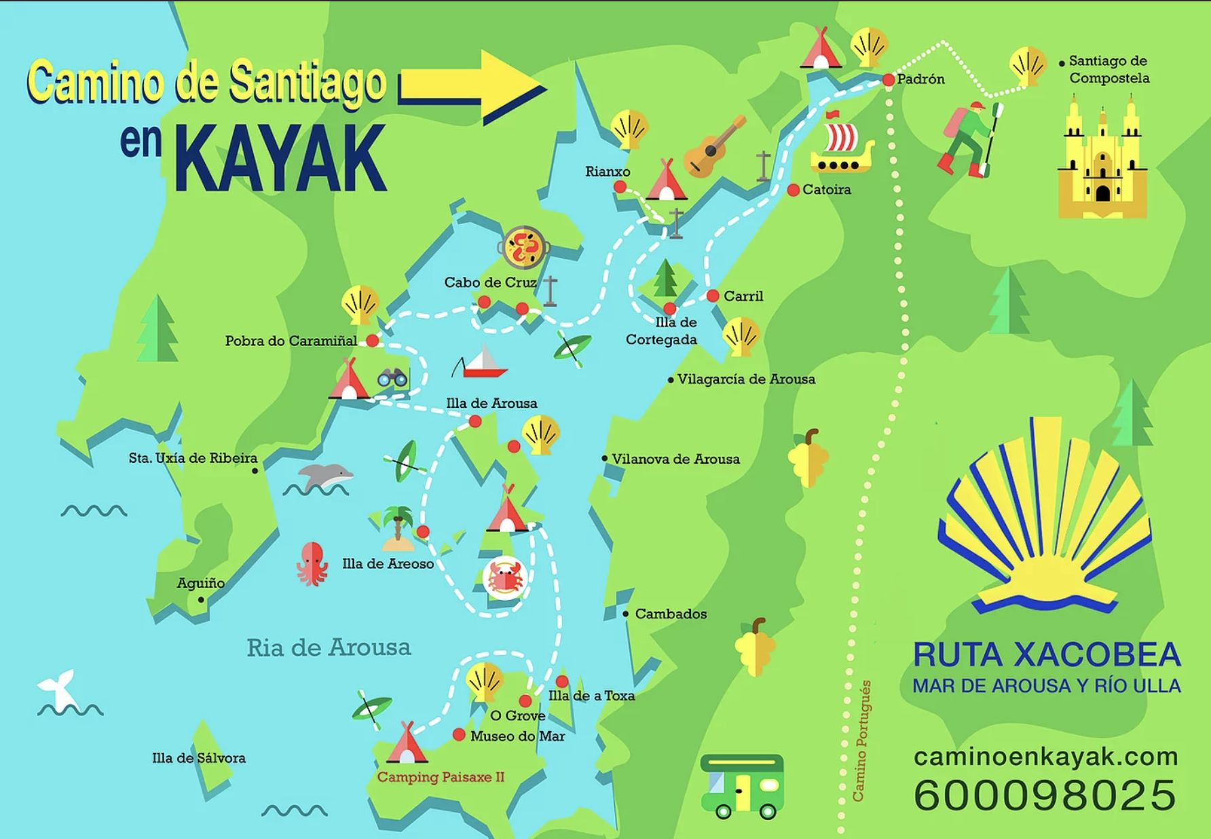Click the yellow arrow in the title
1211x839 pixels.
[475, 87]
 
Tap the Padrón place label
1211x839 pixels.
[920, 79]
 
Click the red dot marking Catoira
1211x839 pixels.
[793, 190]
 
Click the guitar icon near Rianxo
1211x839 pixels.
[713, 147]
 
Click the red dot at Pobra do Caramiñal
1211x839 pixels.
[373, 340]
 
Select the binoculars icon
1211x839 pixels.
[392, 377]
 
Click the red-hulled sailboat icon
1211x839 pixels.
[481, 362]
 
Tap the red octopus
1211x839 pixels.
[312, 563]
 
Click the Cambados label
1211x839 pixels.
[670, 614]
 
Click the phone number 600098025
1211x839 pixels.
[1045, 795]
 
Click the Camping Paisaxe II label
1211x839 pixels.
[441, 777]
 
